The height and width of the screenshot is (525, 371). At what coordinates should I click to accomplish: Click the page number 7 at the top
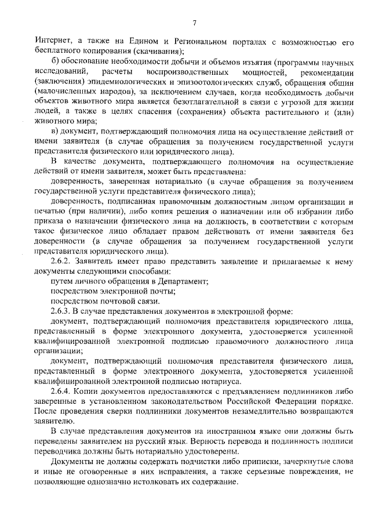click(195, 23)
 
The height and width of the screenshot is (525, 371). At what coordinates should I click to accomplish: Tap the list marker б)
click(55, 62)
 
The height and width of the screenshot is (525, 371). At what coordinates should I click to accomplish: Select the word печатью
click(50, 212)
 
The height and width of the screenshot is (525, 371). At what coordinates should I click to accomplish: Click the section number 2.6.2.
click(61, 261)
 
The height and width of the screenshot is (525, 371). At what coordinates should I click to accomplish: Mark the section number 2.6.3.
click(61, 310)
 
